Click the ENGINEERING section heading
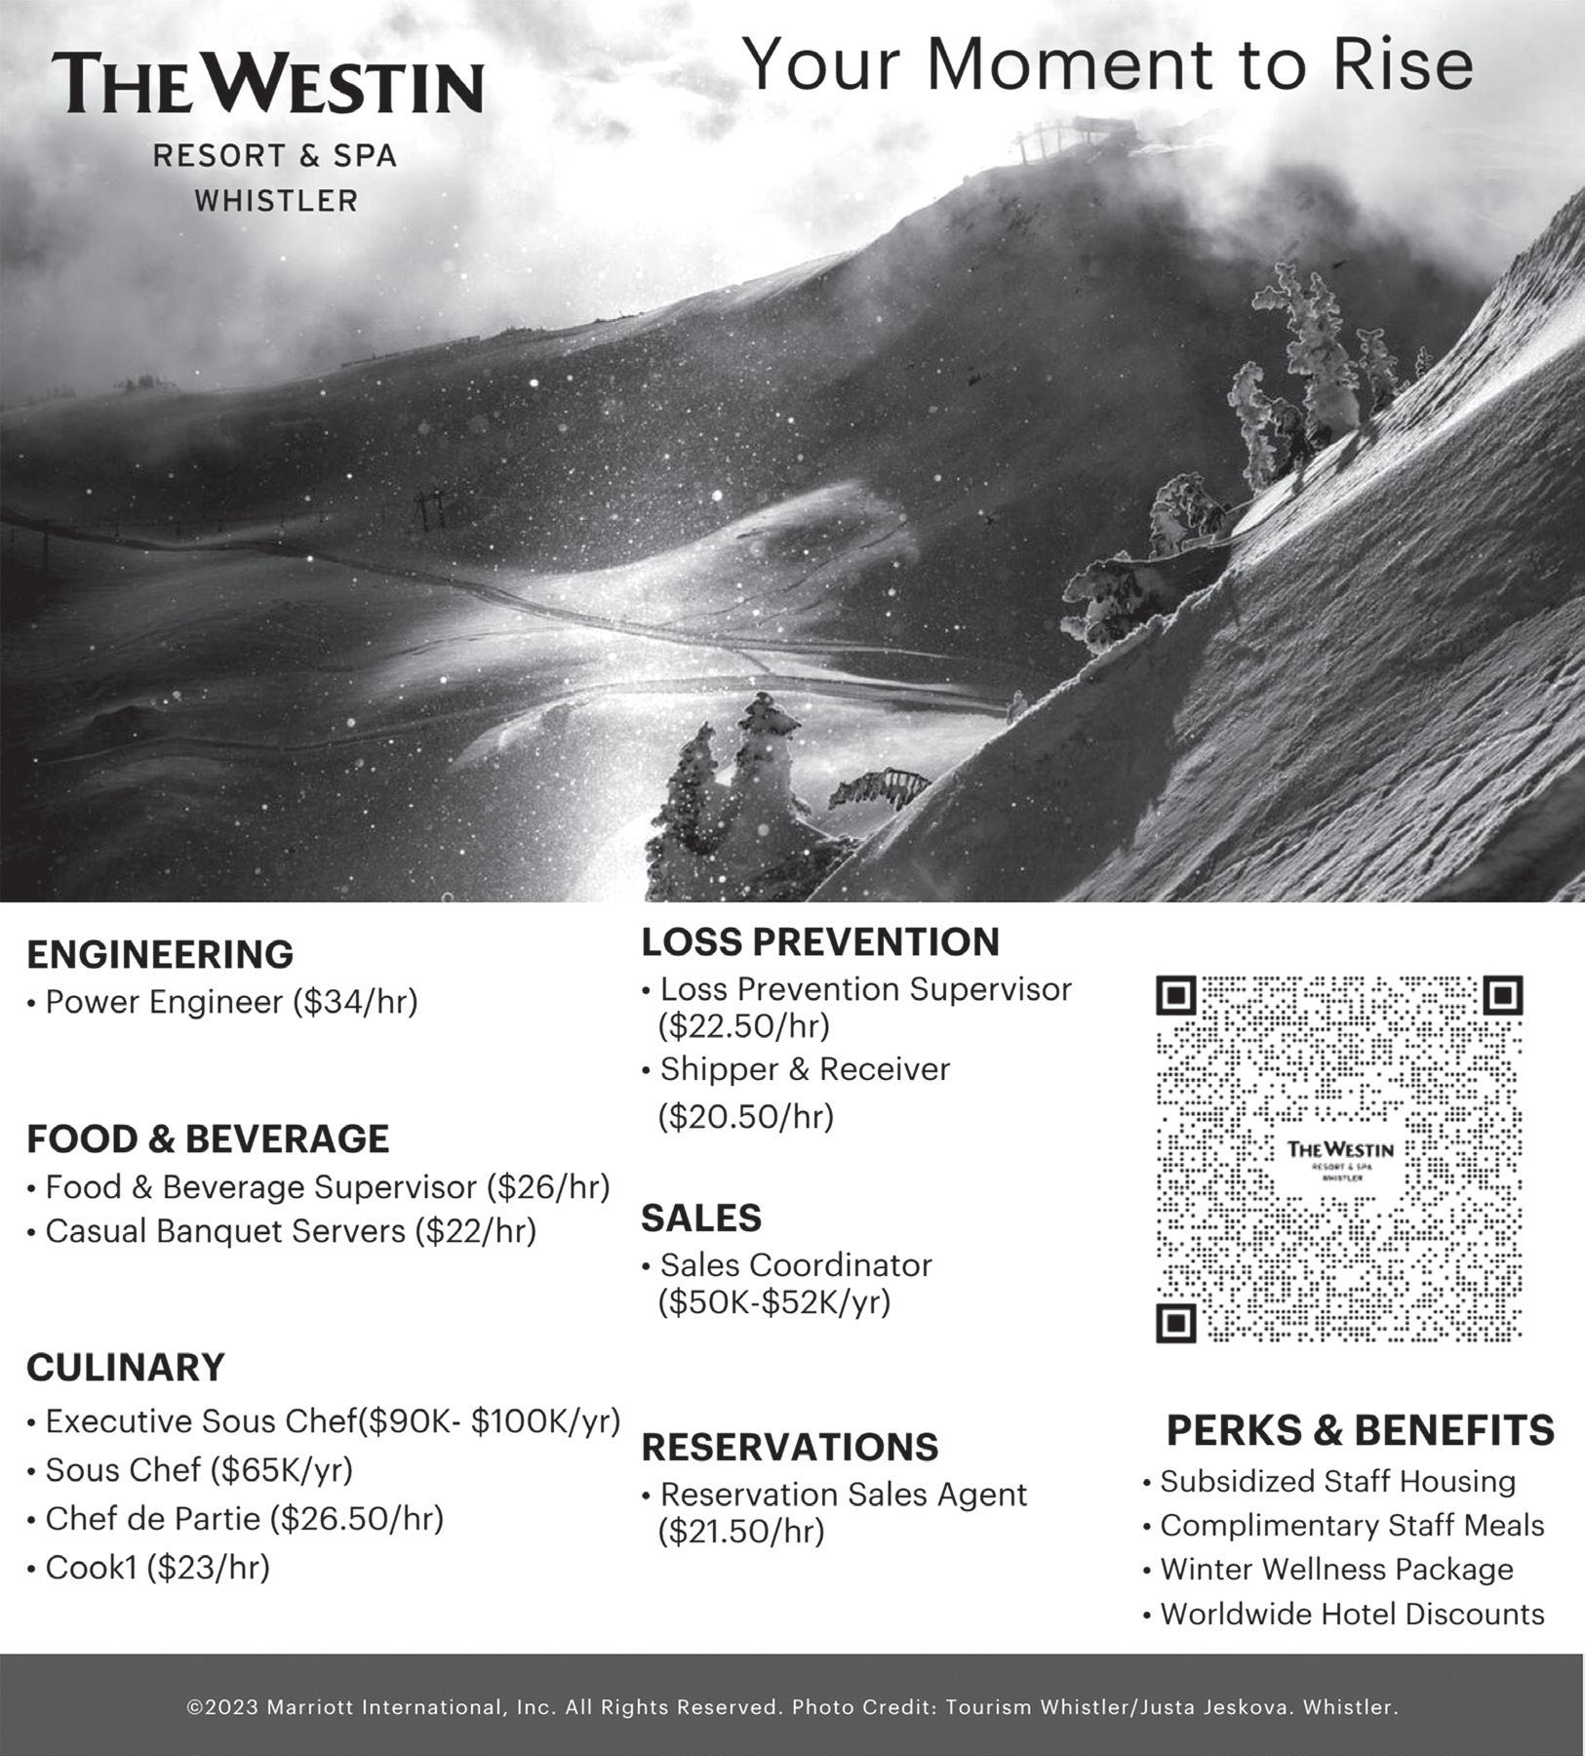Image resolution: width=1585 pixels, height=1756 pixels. [x=160, y=955]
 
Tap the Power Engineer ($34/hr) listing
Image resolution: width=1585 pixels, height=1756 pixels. [x=231, y=1002]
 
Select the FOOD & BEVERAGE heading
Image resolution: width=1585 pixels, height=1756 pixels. [x=208, y=1139]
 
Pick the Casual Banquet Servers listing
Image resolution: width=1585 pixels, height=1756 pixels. [x=290, y=1231]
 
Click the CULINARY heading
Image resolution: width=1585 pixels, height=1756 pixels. [x=126, y=1368]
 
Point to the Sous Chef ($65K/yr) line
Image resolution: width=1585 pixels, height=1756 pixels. [x=199, y=1470]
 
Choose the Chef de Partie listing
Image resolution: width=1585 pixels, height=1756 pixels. [x=244, y=1519]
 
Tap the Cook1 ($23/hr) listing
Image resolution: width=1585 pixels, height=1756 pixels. [x=157, y=1568]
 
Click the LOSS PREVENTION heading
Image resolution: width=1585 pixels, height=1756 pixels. [x=820, y=942]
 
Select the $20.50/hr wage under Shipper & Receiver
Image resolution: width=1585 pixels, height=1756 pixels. [x=746, y=1116]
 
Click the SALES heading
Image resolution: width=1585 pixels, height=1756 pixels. [x=701, y=1218]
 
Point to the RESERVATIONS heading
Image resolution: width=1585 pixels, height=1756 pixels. [x=790, y=1448]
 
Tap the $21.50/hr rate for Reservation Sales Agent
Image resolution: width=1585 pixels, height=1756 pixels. [x=741, y=1532]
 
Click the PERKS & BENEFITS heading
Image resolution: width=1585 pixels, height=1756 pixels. [x=1360, y=1431]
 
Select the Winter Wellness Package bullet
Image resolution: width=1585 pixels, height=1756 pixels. [x=1336, y=1570]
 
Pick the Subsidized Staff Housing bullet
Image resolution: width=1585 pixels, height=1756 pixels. [x=1337, y=1482]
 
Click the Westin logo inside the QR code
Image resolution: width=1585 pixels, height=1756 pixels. [x=1340, y=1156]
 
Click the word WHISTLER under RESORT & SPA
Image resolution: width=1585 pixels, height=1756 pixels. [x=276, y=201]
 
